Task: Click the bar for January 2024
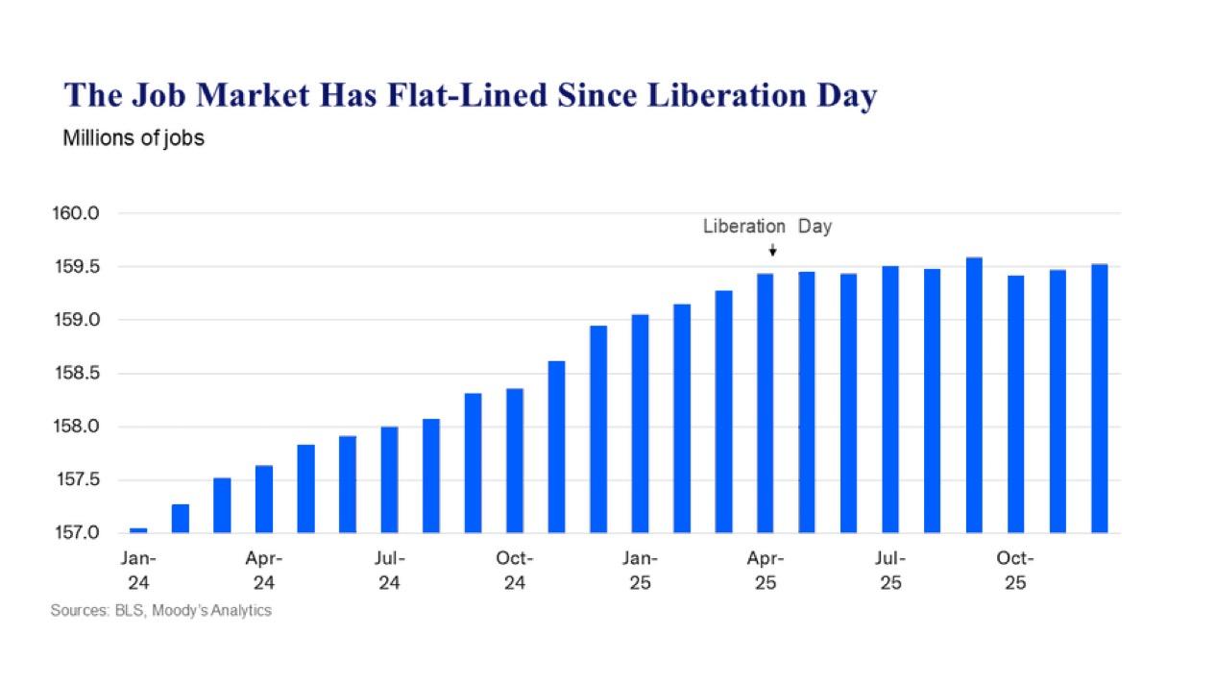pyautogui.click(x=138, y=529)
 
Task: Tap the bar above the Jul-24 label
pyautogui.click(x=389, y=479)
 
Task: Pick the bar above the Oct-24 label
pyautogui.click(x=515, y=460)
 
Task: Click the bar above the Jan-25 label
pyautogui.click(x=640, y=423)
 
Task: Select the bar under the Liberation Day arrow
pyautogui.click(x=766, y=403)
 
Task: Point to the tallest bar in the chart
pyautogui.click(x=974, y=395)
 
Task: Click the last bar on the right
pyautogui.click(x=1099, y=398)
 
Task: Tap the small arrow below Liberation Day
pyautogui.click(x=772, y=251)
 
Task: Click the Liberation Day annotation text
pyautogui.click(x=766, y=227)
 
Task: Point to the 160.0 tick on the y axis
pyautogui.click(x=76, y=213)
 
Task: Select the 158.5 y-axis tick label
pyautogui.click(x=76, y=374)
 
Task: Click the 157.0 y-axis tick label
pyautogui.click(x=76, y=533)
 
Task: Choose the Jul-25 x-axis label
pyautogui.click(x=890, y=571)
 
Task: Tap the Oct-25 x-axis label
pyautogui.click(x=1015, y=571)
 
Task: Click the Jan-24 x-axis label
pyautogui.click(x=138, y=571)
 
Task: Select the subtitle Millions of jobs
pyautogui.click(x=134, y=138)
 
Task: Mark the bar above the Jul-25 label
pyautogui.click(x=890, y=399)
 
